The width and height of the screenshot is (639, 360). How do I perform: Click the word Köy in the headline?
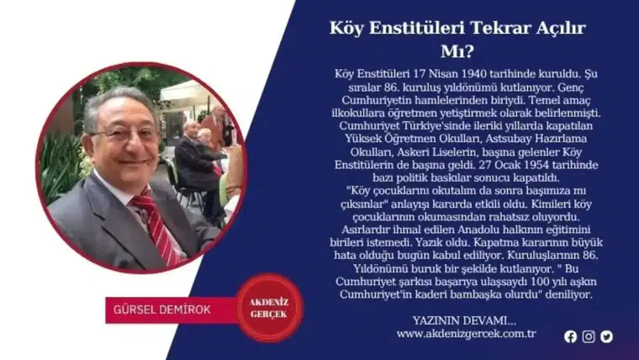346,28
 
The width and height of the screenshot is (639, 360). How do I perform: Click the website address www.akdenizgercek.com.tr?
466,334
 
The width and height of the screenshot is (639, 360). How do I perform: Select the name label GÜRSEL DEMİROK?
163,309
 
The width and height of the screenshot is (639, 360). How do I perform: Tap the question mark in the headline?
471,49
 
